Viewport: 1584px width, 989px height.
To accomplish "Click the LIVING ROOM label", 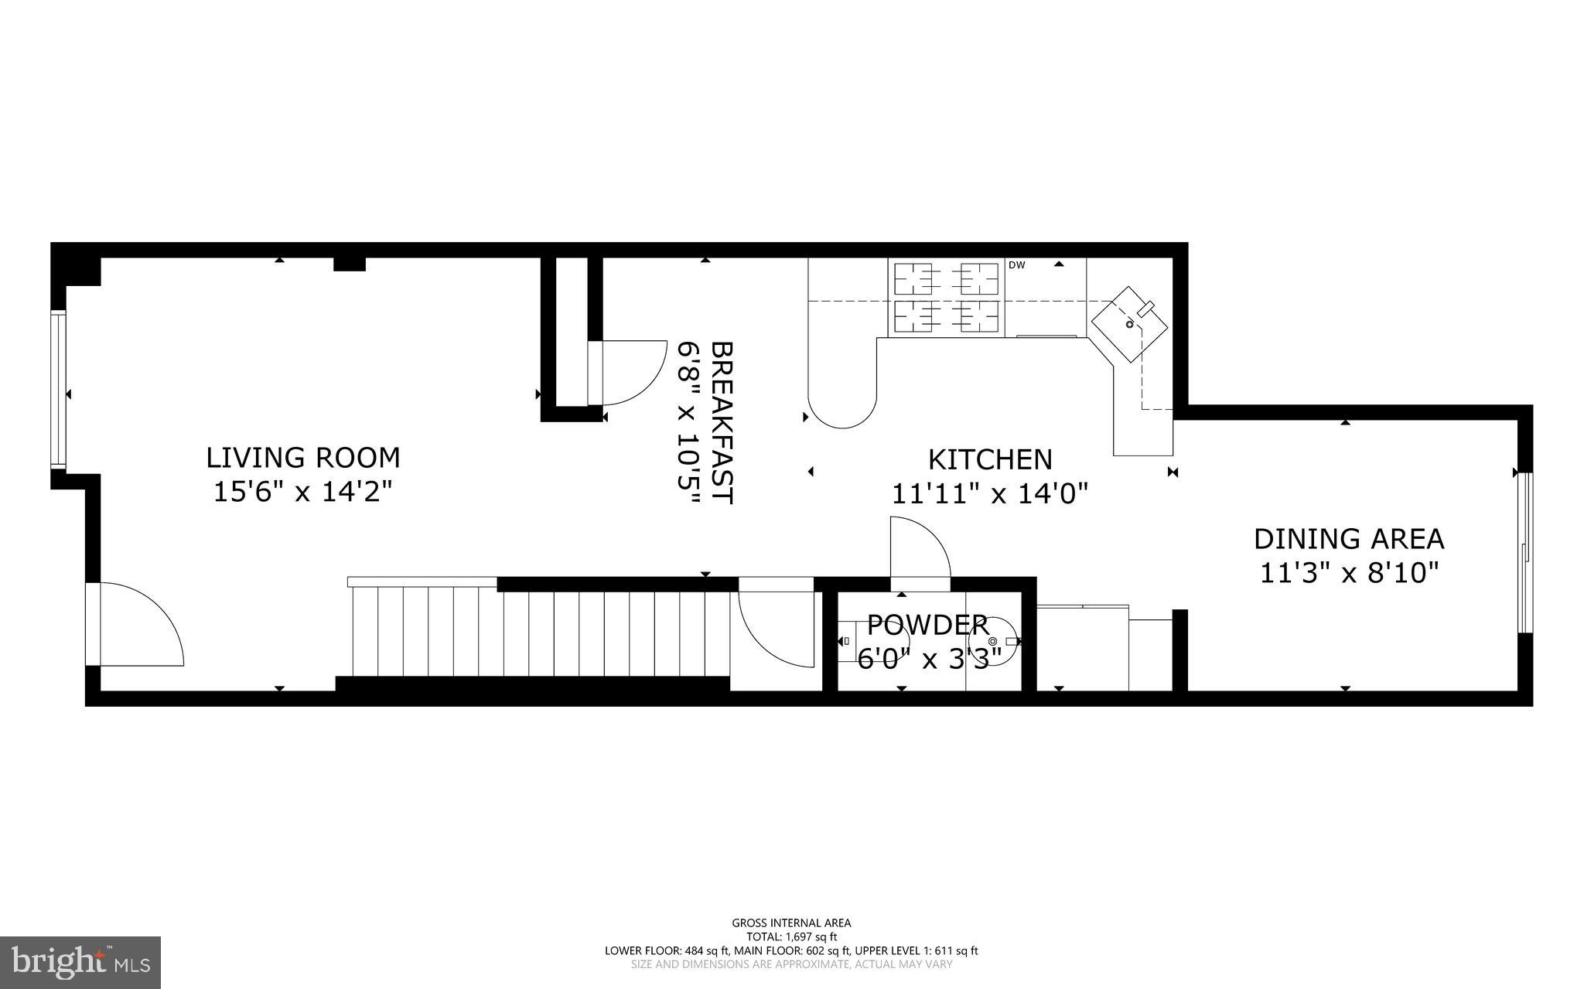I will coord(302,458).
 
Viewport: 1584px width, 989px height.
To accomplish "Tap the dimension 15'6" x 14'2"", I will coord(302,492).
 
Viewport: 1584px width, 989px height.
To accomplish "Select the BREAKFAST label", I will coord(721,423).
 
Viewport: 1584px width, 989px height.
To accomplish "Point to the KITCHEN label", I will coord(990,459).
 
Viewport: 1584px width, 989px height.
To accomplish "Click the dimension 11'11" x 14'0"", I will coord(990,493).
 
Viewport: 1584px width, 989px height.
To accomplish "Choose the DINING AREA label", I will coord(1349,538).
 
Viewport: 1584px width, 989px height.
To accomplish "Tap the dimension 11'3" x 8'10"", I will coord(1349,573).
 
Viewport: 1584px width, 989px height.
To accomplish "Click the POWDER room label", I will coord(927,624).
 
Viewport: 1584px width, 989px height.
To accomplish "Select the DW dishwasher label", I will coord(1016,265).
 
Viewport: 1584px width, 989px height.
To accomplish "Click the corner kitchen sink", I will coord(1129,324).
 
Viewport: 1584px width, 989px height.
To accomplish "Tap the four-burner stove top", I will coord(946,298).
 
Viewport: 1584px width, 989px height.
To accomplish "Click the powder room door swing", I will coord(920,547).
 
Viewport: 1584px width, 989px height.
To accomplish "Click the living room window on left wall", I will coord(57,390).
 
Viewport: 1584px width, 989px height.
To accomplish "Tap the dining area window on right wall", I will coord(1524,552).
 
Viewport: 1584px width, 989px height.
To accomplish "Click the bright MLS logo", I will coord(80,961).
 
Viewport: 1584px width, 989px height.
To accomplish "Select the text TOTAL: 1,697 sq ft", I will coord(791,936).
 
